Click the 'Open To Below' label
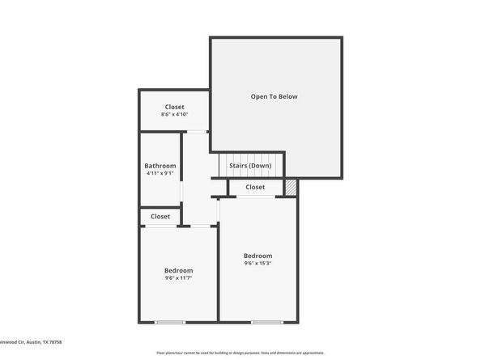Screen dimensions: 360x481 click(274, 96)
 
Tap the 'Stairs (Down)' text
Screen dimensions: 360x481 click(250, 166)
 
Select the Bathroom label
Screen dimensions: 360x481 click(160, 166)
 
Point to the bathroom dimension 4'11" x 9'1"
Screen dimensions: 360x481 click(160, 173)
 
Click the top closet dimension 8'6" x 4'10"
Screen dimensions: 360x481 click(174, 115)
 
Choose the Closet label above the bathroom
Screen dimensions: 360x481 click(174, 107)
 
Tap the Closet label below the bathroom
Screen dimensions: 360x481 click(160, 216)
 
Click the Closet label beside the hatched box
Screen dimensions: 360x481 click(255, 187)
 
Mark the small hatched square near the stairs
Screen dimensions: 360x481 click(291, 187)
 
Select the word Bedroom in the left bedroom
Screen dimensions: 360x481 click(178, 270)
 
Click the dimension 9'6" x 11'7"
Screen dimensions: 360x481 click(178, 278)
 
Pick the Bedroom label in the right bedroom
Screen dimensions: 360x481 click(258, 256)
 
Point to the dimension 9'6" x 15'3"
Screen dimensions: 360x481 click(258, 263)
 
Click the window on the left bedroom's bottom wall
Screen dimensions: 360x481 click(170, 322)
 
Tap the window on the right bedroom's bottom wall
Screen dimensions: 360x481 click(266, 322)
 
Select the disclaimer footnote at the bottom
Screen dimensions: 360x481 click(240, 353)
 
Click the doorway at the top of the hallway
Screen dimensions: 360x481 click(197, 132)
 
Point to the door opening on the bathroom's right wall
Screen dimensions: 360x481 click(181, 191)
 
